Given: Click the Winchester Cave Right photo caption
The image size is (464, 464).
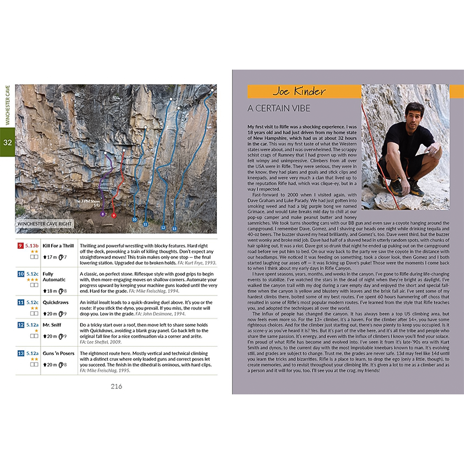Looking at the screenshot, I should pos(45,223).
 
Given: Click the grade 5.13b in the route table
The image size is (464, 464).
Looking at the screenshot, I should pos(32,246).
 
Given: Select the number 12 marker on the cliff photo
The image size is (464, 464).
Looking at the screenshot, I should pos(164,227).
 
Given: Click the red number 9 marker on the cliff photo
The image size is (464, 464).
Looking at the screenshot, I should pos(114,215).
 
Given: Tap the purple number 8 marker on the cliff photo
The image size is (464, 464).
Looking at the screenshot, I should pos(103,213).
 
